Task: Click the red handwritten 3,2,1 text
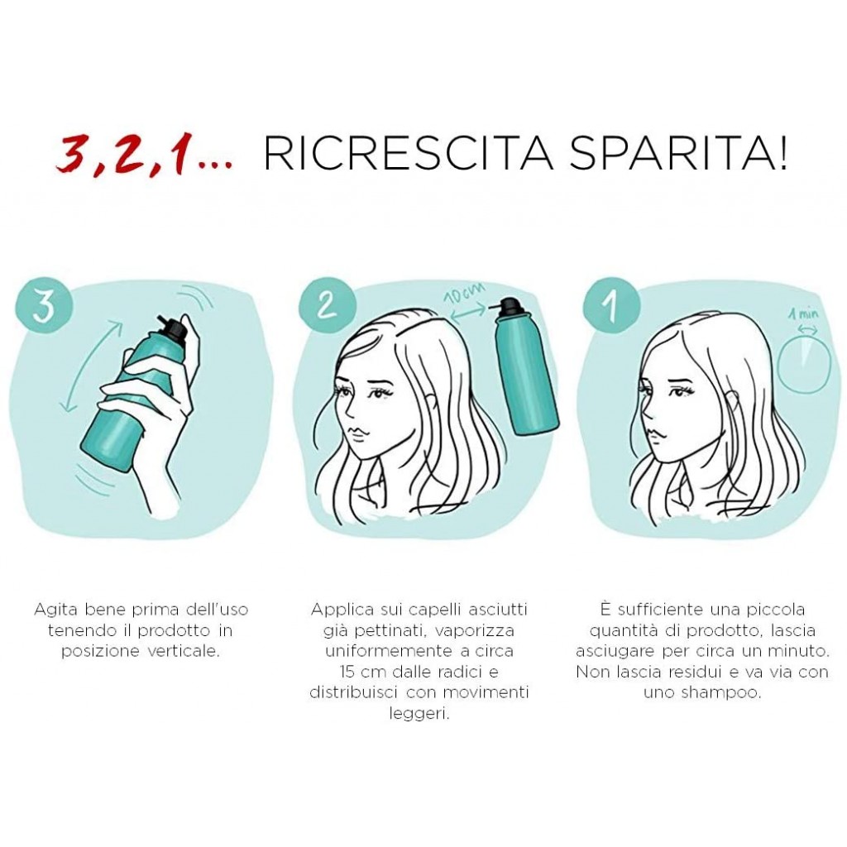tap(145, 156)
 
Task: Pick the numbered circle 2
tap(327, 304)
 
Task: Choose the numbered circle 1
tap(611, 304)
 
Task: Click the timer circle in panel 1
tap(804, 364)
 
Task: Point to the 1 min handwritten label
tap(803, 313)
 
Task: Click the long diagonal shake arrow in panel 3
tap(92, 366)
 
